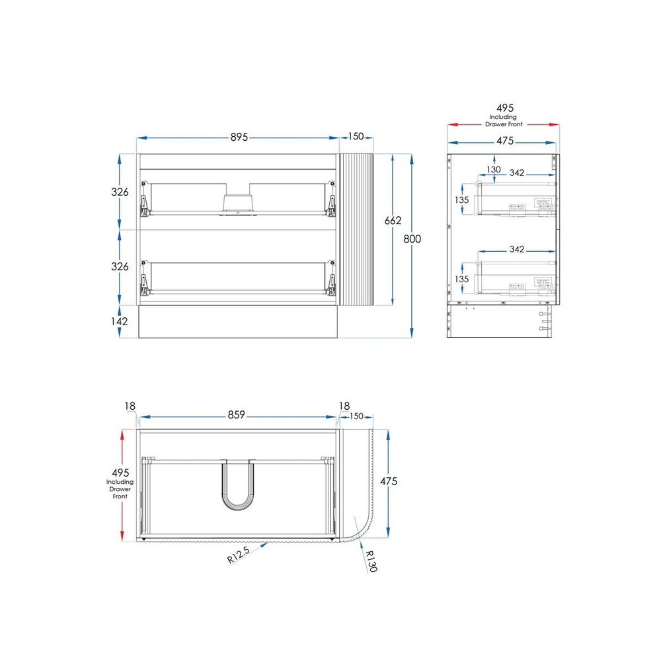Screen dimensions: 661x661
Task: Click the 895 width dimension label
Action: coord(239,137)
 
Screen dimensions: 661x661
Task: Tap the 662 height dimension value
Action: coord(393,220)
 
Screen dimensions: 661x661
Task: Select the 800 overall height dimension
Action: coord(412,239)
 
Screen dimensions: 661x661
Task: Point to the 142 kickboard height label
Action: coord(119,321)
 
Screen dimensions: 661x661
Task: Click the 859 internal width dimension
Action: coord(236,415)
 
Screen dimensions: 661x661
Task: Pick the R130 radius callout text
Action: coord(371,561)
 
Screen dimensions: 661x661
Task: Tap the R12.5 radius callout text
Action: coord(239,555)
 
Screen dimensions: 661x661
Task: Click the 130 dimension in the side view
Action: coord(494,169)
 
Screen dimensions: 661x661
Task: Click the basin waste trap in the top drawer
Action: coord(238,203)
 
